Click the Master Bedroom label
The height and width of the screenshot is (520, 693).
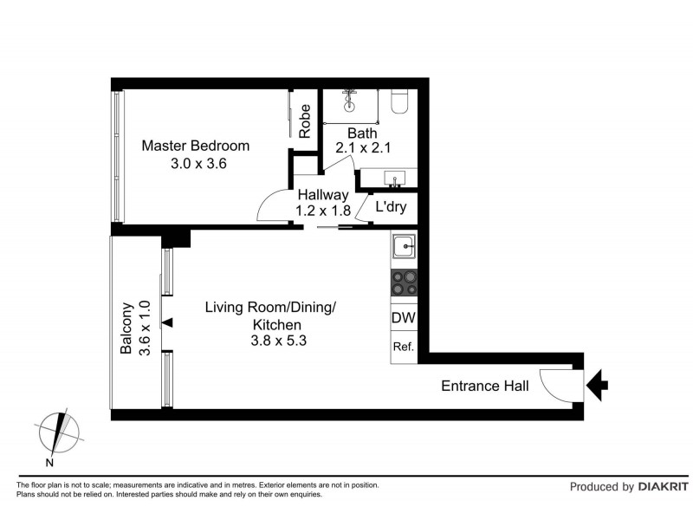point(196,146)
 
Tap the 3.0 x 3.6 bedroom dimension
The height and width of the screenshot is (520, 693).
point(198,163)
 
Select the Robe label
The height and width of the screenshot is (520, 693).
point(305,121)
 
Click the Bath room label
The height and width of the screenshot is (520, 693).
point(362,133)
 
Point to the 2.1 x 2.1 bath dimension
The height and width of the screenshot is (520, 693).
point(363,148)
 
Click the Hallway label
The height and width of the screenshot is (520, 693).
point(323,195)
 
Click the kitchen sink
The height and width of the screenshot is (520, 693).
point(404,248)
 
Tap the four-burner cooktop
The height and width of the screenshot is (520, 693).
point(404,283)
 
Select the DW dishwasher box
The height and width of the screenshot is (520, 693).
point(404,318)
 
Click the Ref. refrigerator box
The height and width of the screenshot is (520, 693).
point(403,346)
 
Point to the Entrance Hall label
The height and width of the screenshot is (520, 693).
point(485,386)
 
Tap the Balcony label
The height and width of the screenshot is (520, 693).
point(126,328)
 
